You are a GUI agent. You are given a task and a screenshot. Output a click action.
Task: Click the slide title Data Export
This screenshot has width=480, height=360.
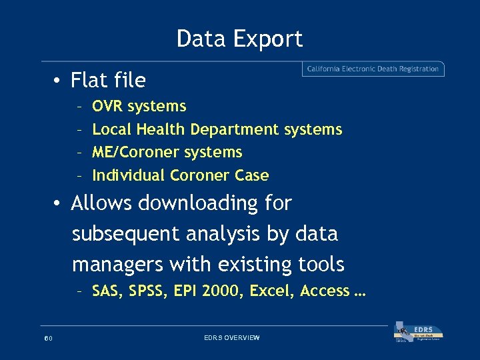(x=239, y=39)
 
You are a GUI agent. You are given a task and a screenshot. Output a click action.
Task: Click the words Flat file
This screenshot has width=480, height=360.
(x=108, y=81)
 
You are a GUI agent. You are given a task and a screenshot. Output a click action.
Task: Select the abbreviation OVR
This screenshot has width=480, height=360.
(x=108, y=106)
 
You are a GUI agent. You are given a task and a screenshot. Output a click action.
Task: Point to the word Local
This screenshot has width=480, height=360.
(x=111, y=129)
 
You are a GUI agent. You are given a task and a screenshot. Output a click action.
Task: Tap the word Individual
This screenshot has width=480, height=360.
(x=129, y=176)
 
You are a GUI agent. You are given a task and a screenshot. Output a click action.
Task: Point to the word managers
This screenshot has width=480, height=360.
(x=117, y=265)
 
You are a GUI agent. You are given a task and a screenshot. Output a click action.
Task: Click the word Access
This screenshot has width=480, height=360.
(x=324, y=291)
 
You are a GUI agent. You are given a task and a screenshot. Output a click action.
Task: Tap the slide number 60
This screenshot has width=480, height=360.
(x=48, y=339)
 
